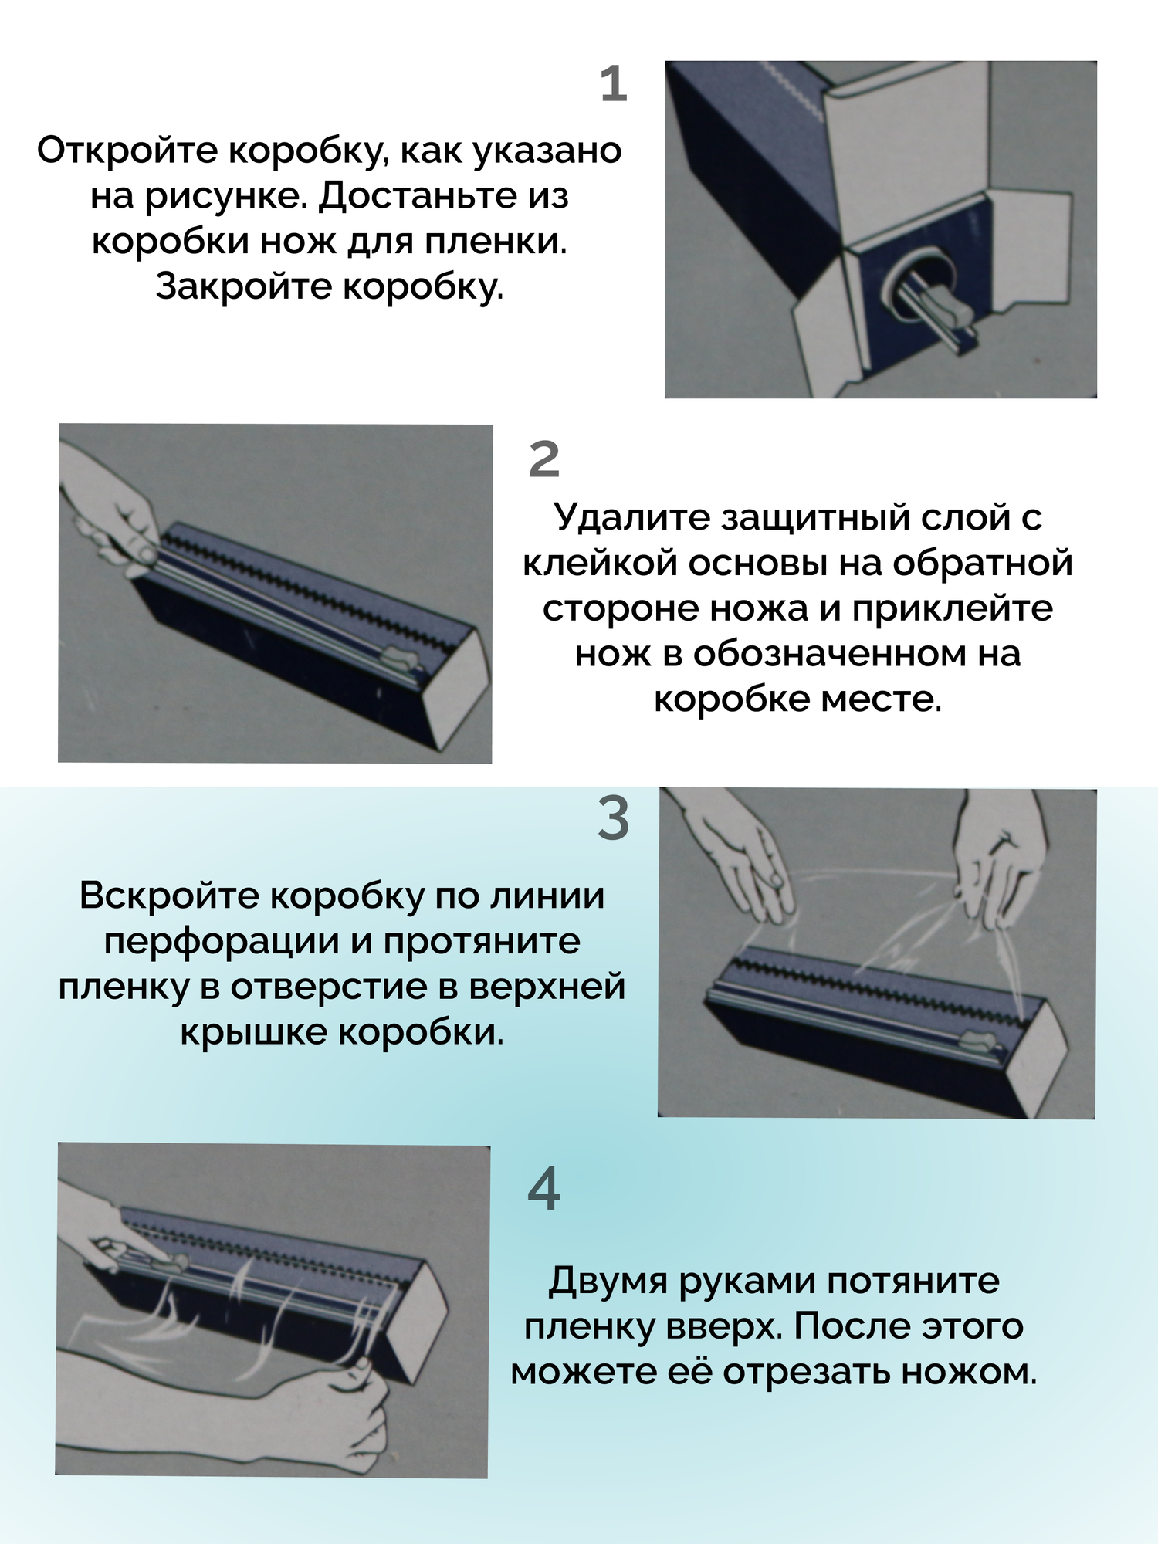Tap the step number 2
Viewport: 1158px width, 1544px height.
[543, 459]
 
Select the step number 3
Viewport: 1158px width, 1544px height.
[614, 818]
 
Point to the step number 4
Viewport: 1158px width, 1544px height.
[543, 1190]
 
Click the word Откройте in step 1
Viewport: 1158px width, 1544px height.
[128, 151]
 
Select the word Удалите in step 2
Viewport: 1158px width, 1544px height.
[631, 517]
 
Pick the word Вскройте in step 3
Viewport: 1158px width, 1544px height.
[169, 896]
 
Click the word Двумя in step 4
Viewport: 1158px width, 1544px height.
[608, 1281]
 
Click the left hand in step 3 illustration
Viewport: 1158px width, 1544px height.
[741, 857]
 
